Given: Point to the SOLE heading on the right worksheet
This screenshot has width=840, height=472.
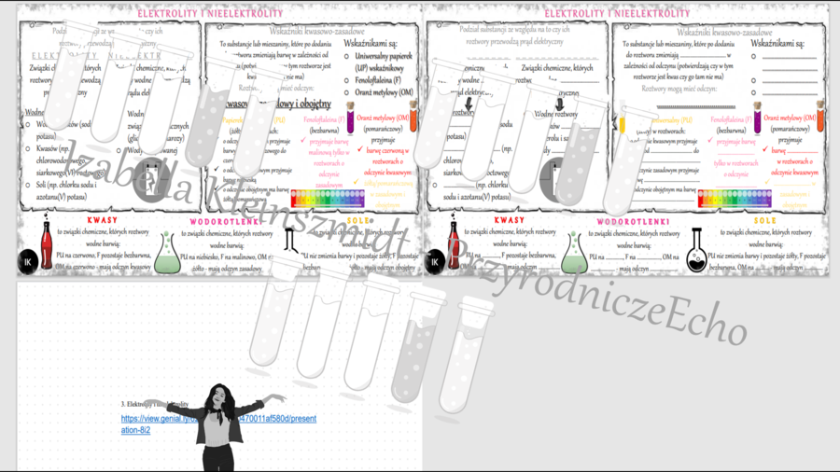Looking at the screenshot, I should click(x=765, y=221).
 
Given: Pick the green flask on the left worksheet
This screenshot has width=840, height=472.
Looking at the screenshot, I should click(x=168, y=254).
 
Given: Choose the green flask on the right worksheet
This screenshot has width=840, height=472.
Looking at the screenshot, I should click(x=573, y=254).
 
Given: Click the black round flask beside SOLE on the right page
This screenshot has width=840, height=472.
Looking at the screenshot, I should click(x=697, y=254).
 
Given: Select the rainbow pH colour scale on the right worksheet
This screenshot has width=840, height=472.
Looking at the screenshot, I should click(x=735, y=199).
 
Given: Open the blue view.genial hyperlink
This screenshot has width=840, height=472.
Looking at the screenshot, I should click(x=218, y=424).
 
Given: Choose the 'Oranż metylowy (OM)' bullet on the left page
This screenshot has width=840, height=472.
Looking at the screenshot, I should click(x=380, y=92).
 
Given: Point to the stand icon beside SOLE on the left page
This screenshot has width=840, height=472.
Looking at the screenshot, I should click(x=290, y=241).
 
